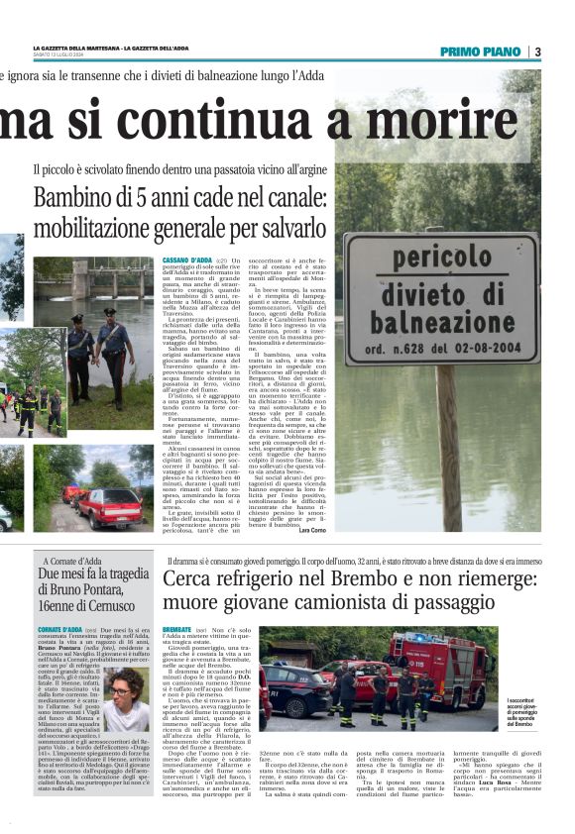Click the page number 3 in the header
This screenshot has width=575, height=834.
pyautogui.click(x=536, y=52)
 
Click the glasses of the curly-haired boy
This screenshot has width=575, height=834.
pyautogui.click(x=120, y=691)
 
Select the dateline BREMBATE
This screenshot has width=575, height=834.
pyautogui.click(x=176, y=629)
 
